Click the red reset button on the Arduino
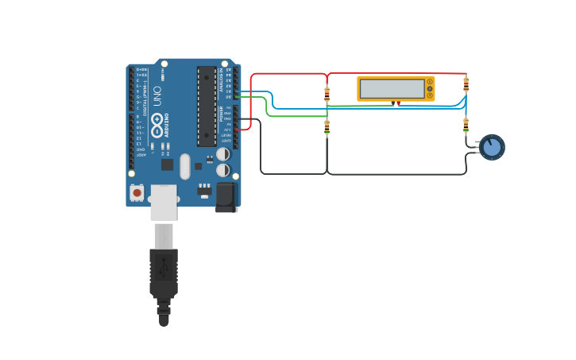(137, 192)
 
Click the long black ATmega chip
(207, 106)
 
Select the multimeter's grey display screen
(392, 88)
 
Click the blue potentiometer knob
(493, 147)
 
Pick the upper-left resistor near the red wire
(327, 94)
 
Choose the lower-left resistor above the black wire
(327, 127)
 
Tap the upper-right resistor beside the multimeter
(466, 83)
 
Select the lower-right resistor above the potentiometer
(466, 124)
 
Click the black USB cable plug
(164, 274)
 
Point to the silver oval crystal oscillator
(185, 166)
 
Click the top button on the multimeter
(430, 81)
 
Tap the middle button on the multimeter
(430, 88)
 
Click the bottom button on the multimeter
(430, 95)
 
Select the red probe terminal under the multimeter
(397, 103)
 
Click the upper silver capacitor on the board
(223, 153)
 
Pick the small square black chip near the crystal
(168, 165)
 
